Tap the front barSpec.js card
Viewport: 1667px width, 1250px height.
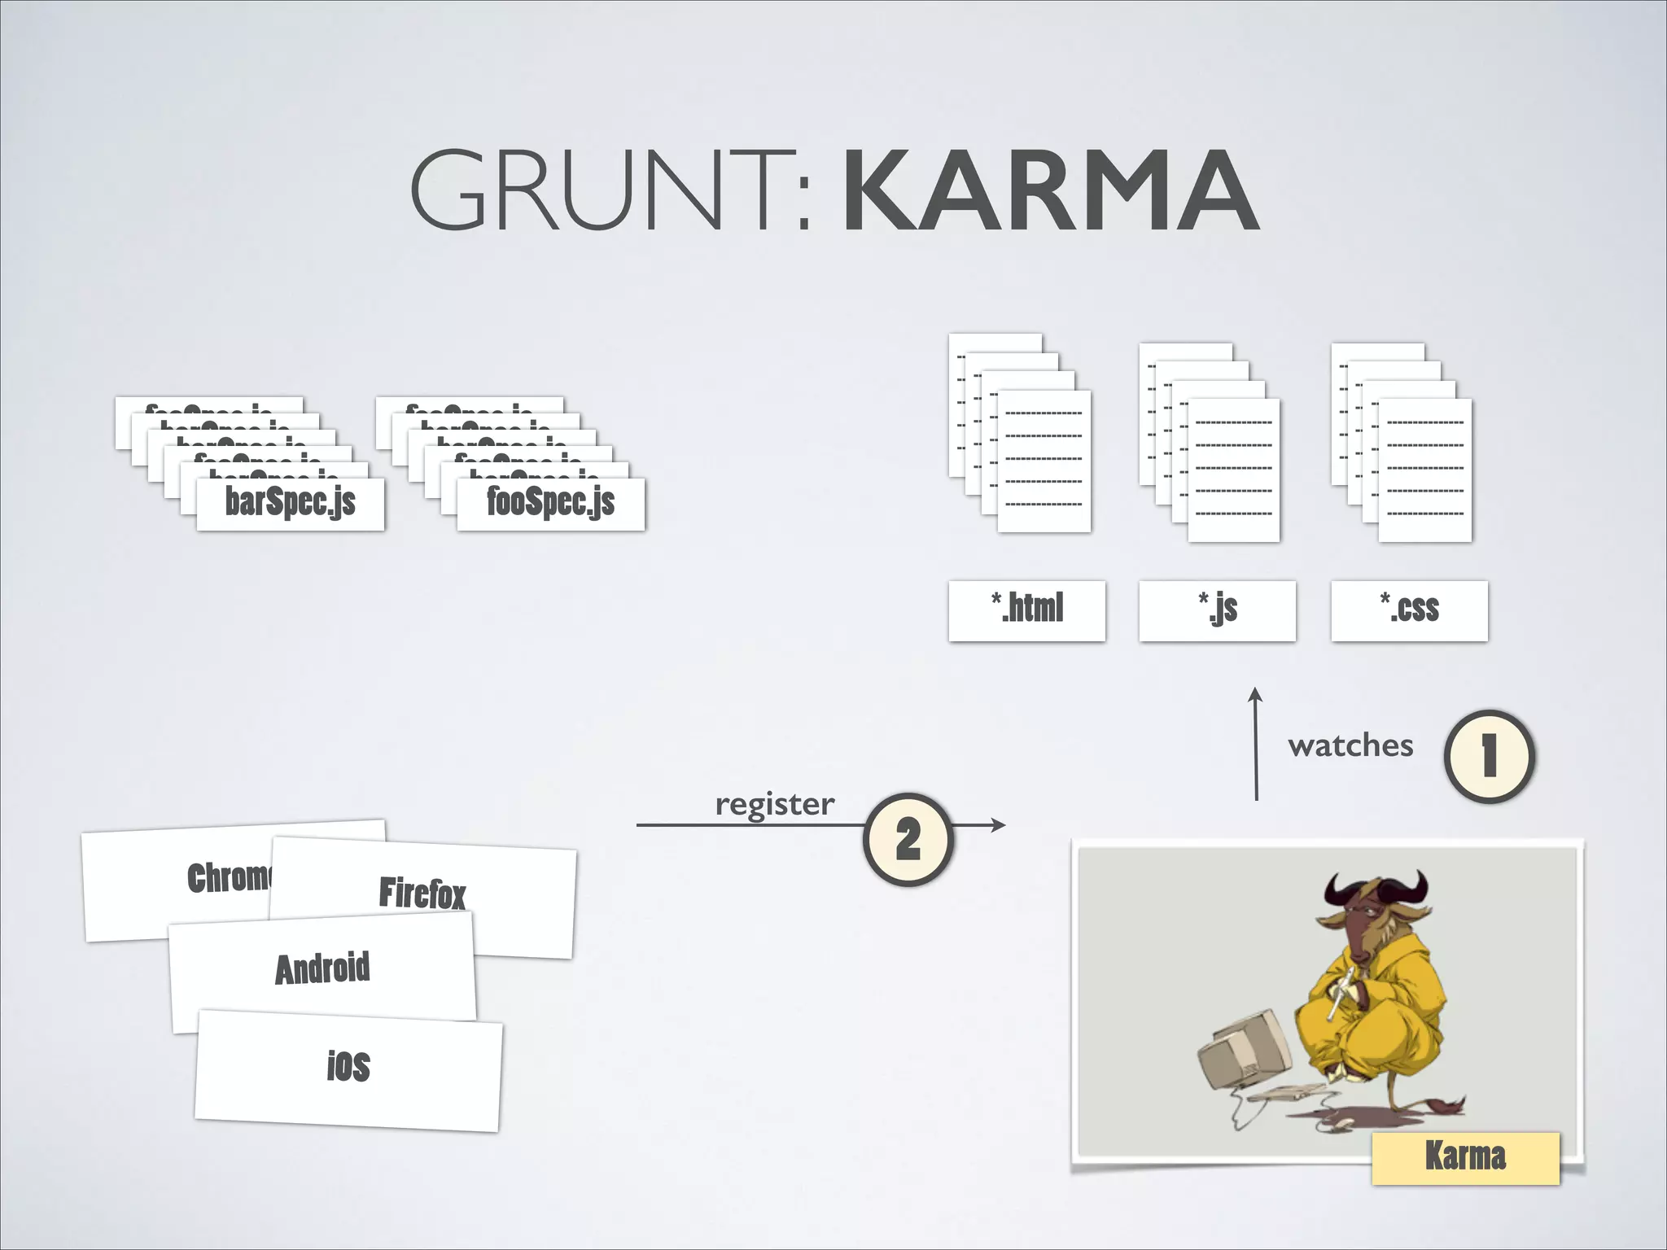coord(290,503)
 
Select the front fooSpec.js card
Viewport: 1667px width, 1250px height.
coord(550,503)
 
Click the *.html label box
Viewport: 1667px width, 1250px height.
coord(1026,610)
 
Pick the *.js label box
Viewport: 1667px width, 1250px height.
coord(1217,610)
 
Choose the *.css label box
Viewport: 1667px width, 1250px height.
coord(1409,610)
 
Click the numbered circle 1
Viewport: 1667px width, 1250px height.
coord(1489,756)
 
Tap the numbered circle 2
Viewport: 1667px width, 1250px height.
coord(908,839)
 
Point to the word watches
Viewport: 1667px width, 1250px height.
coord(1350,745)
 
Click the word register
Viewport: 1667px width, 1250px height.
coord(774,804)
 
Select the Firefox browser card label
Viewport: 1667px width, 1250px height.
coord(422,894)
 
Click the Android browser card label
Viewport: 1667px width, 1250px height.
coord(322,968)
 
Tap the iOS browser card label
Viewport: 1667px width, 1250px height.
coord(348,1067)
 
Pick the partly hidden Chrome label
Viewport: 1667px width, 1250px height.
coord(229,877)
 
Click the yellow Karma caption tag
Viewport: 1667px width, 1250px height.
coord(1465,1156)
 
